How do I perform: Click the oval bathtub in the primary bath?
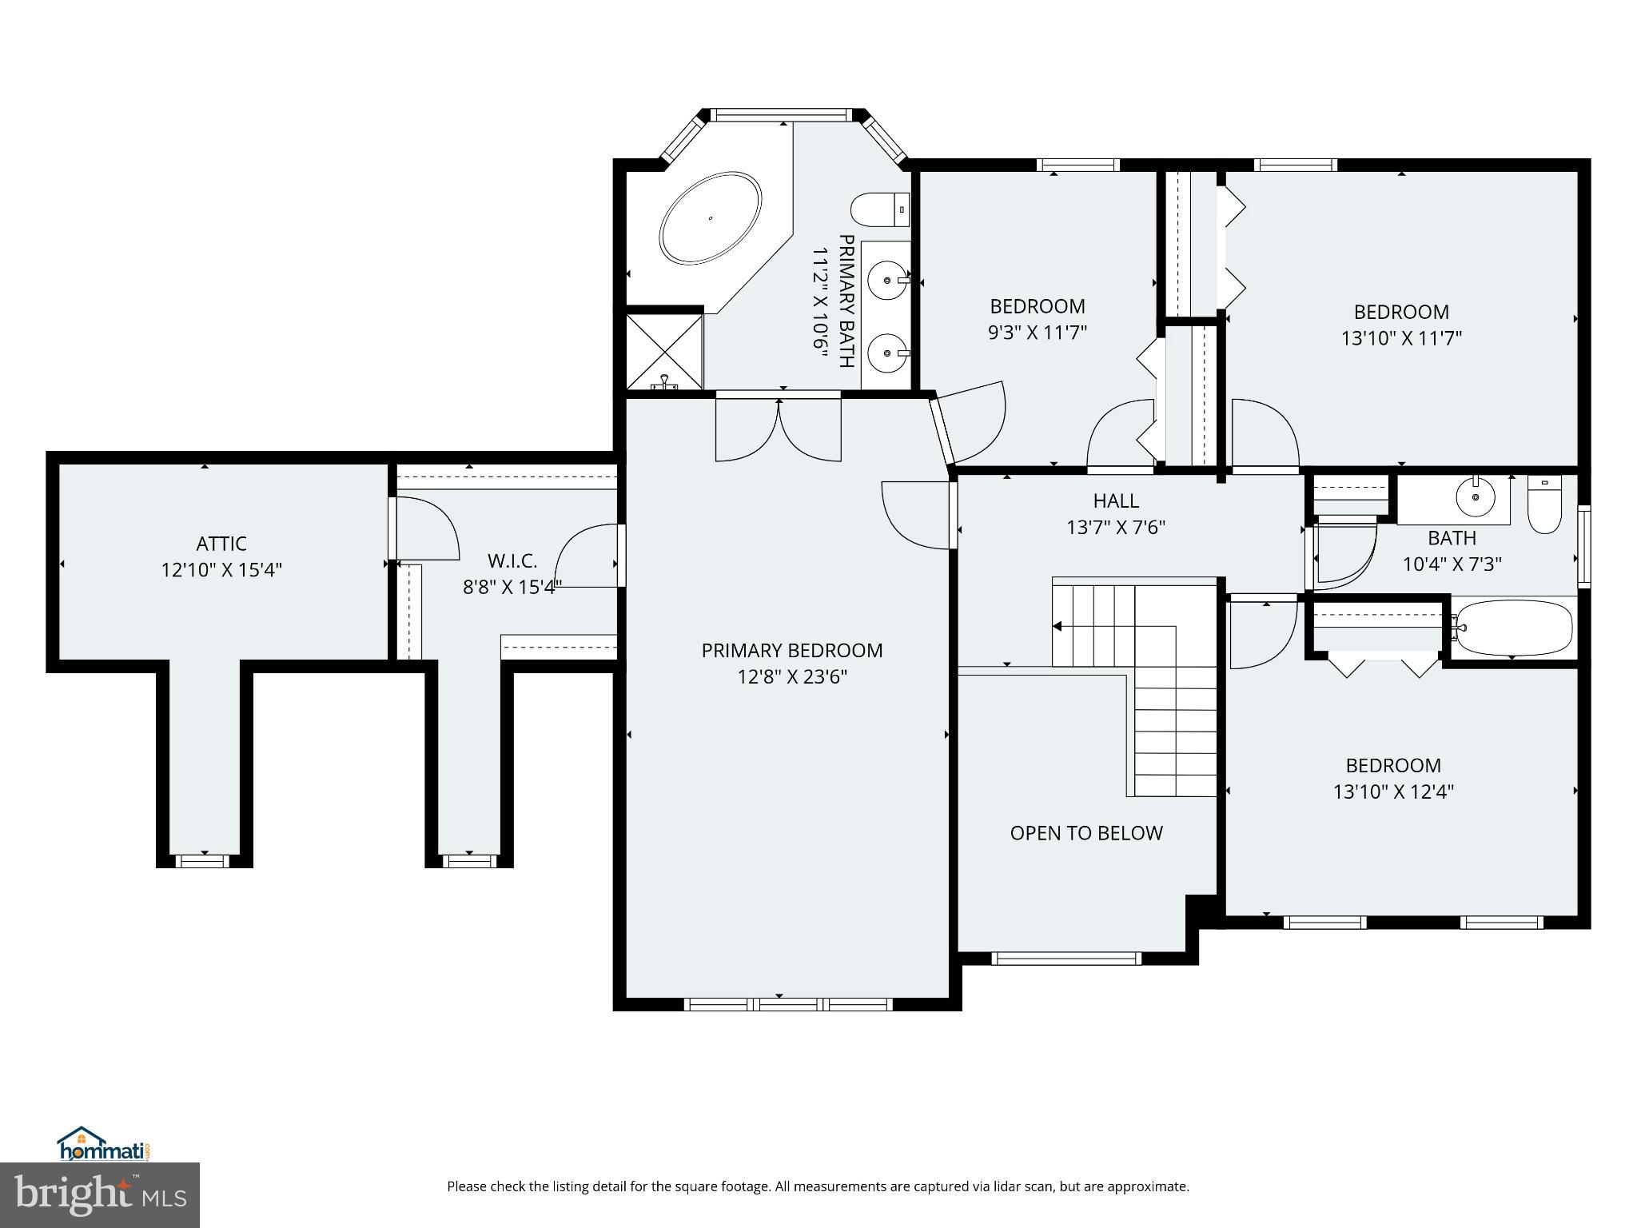pos(710,217)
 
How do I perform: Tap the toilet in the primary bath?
pos(880,209)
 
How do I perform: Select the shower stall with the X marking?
pos(663,352)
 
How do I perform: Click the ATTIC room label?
pos(221,544)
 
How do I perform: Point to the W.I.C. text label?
pos(512,560)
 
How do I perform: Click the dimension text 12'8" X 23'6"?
pos(791,677)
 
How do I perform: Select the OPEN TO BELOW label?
pos(1085,833)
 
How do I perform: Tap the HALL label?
pos(1116,501)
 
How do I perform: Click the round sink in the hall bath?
pos(1475,498)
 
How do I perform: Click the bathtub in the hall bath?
pos(1514,628)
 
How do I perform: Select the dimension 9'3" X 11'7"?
pos(1038,333)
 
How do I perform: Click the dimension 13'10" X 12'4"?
pos(1393,791)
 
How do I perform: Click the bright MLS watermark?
pos(100,1195)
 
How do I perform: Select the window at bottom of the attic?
pos(203,860)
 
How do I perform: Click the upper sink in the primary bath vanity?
pos(889,279)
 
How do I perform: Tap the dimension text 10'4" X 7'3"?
pos(1452,564)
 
